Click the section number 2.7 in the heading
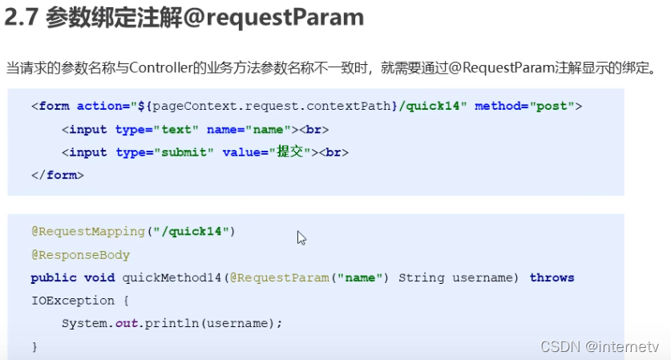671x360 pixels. click(x=22, y=18)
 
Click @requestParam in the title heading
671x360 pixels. click(x=274, y=18)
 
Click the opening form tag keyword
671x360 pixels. click(x=54, y=106)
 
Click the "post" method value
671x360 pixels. click(x=550, y=106)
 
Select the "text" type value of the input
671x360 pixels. click(x=178, y=129)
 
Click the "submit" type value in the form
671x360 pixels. click(x=184, y=152)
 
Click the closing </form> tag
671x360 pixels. click(x=58, y=174)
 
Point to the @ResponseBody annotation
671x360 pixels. click(x=80, y=254)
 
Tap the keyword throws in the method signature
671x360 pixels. click(x=552, y=277)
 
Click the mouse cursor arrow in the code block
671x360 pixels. click(x=301, y=237)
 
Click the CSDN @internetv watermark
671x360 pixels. click(x=600, y=346)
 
